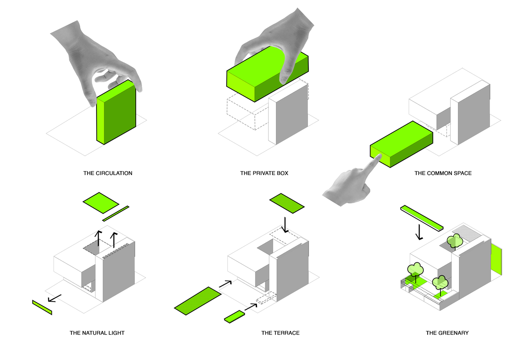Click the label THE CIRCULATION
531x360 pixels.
[x=108, y=173]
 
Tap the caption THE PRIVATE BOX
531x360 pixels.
[x=264, y=173]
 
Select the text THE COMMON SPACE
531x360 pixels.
[x=443, y=173]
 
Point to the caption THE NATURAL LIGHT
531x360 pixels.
[x=97, y=333]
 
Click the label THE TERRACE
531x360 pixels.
[x=280, y=333]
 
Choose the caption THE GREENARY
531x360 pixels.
[x=447, y=333]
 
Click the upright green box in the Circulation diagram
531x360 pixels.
[x=116, y=113]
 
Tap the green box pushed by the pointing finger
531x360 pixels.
[x=402, y=144]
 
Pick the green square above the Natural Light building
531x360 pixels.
[x=101, y=203]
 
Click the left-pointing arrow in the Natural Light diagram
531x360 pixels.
[x=54, y=298]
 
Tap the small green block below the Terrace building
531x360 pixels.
[x=234, y=316]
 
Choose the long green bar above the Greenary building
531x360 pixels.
[x=421, y=218]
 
